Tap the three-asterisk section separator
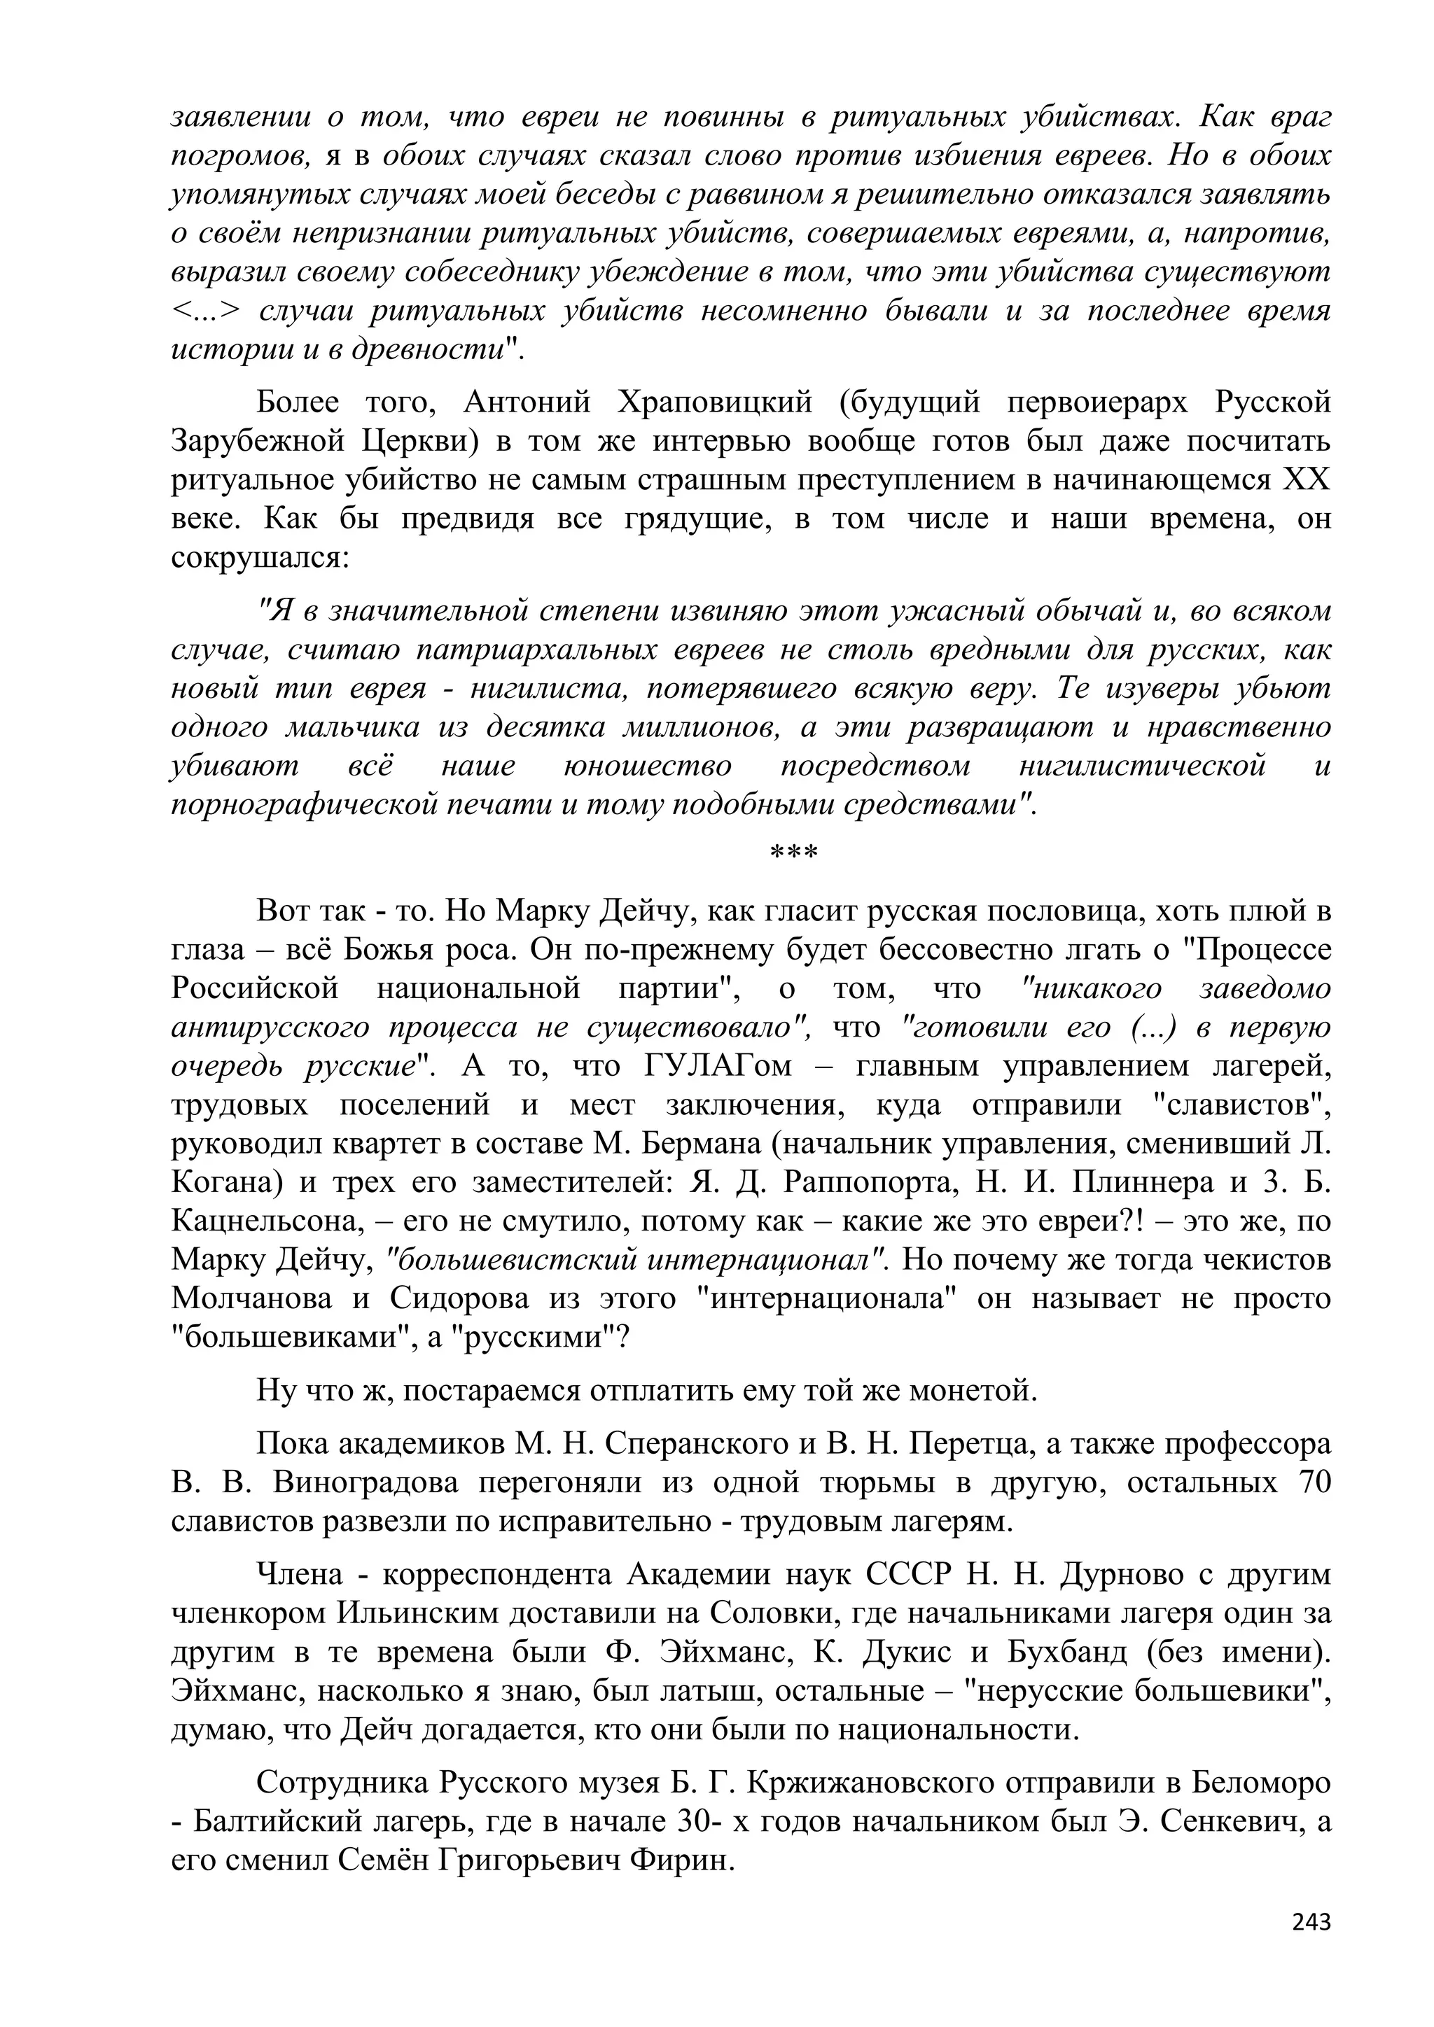794,855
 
